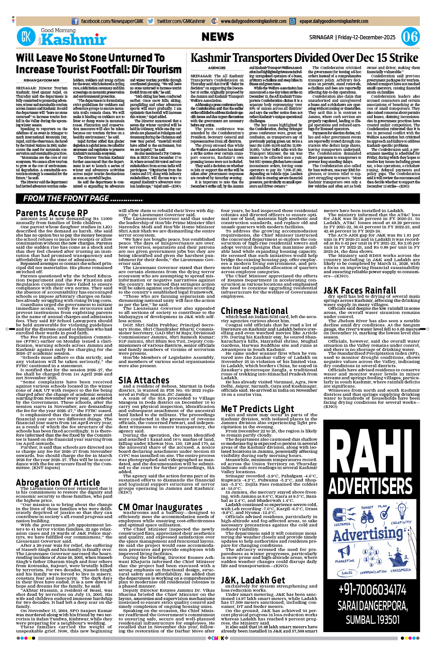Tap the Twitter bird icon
point(151,21)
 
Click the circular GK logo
point(26,37)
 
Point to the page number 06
point(410,37)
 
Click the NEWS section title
point(218,37)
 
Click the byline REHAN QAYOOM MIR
point(41,80)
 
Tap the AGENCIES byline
point(217,68)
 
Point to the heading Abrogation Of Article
point(58,482)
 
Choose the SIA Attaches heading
point(144,380)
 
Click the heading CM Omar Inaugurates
point(160,507)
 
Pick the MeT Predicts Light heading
point(257,409)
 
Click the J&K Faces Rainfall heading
point(360,290)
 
